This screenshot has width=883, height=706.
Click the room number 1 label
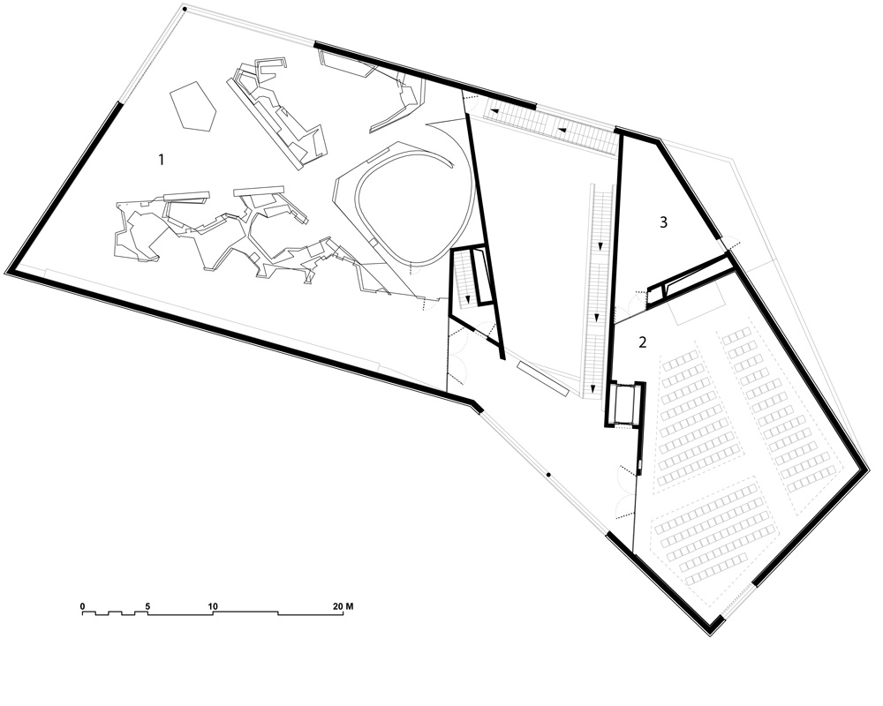coord(161,160)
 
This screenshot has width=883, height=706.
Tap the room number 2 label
coord(644,342)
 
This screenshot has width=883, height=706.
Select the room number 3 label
coord(663,222)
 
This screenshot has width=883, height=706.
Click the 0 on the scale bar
coord(81,606)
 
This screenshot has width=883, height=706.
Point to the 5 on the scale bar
coord(147,606)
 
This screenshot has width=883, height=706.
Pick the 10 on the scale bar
coord(213,606)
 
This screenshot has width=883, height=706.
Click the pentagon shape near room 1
coord(193,107)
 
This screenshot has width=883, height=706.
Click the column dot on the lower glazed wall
coord(548,476)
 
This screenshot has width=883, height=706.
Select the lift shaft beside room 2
coord(625,403)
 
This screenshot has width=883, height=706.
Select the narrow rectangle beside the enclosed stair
coord(483,276)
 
